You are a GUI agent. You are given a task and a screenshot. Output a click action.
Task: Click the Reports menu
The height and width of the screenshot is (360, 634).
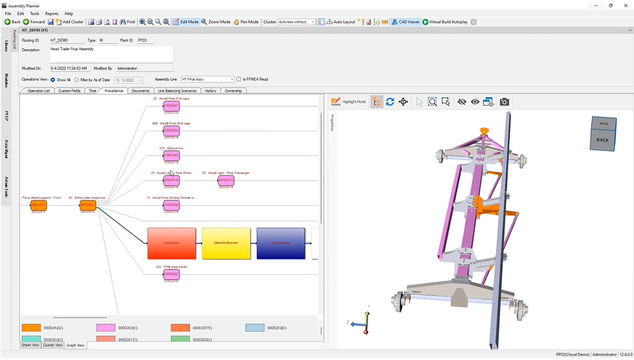pyautogui.click(x=51, y=13)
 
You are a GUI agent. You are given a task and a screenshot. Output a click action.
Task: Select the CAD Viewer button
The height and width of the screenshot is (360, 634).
pyautogui.click(x=406, y=22)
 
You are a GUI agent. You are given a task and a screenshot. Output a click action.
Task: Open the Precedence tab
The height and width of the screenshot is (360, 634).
pyautogui.click(x=113, y=91)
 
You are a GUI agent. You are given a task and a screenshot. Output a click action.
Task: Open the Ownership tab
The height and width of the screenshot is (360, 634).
pyautogui.click(x=233, y=91)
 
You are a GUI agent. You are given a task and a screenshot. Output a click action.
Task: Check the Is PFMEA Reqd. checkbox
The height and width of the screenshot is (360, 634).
pyautogui.click(x=239, y=79)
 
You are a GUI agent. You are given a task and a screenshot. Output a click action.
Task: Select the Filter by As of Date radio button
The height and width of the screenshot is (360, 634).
pyautogui.click(x=77, y=80)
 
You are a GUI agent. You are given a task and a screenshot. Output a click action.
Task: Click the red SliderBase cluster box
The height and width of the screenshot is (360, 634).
pyautogui.click(x=172, y=243)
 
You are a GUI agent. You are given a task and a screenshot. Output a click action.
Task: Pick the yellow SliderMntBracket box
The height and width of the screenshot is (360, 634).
pyautogui.click(x=226, y=243)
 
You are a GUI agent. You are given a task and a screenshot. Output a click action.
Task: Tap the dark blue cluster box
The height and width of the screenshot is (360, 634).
pyautogui.click(x=281, y=243)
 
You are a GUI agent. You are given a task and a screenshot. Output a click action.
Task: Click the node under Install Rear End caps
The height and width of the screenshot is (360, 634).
pyautogui.click(x=172, y=105)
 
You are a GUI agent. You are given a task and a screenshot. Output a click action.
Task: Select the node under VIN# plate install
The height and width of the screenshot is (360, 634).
pyautogui.click(x=172, y=274)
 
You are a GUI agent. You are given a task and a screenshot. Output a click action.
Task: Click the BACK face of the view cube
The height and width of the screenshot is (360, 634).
pyautogui.click(x=602, y=140)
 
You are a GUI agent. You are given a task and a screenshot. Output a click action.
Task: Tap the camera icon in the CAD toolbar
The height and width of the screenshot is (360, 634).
pyautogui.click(x=504, y=102)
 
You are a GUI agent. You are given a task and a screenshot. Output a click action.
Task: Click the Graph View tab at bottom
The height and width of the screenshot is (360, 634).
pyautogui.click(x=76, y=345)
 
